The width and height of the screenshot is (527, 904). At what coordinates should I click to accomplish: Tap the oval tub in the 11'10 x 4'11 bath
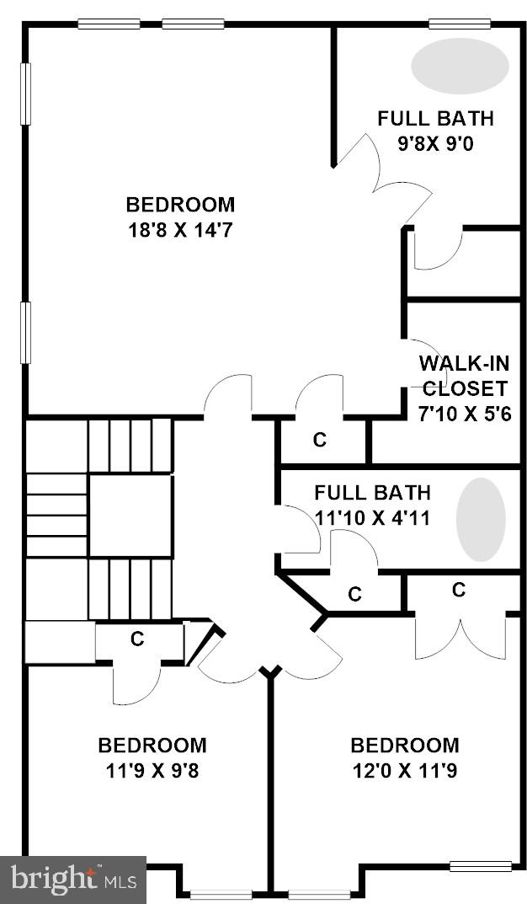(x=481, y=520)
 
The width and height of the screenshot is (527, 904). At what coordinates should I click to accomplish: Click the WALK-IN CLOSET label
(x=465, y=376)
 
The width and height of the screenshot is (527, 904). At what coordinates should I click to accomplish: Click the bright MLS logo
(x=73, y=880)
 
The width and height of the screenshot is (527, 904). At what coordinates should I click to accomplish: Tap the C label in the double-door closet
(x=459, y=591)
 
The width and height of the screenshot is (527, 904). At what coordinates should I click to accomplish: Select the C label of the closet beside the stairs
(x=137, y=639)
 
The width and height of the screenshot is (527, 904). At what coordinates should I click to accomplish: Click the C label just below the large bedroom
(x=320, y=440)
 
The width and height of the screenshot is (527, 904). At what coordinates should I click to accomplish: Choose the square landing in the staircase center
(x=130, y=516)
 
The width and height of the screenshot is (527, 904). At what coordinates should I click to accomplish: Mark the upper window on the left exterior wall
(x=26, y=94)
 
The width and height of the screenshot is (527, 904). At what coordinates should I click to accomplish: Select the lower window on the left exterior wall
(x=26, y=333)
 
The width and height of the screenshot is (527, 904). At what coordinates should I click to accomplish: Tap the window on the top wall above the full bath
(x=460, y=24)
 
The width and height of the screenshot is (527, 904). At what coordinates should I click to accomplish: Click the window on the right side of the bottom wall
(x=480, y=865)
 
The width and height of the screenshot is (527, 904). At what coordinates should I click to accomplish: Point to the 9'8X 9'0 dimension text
(x=436, y=143)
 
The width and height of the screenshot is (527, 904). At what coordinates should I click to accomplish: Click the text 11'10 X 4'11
(x=372, y=517)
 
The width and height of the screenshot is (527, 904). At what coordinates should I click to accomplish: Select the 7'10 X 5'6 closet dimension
(x=465, y=414)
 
